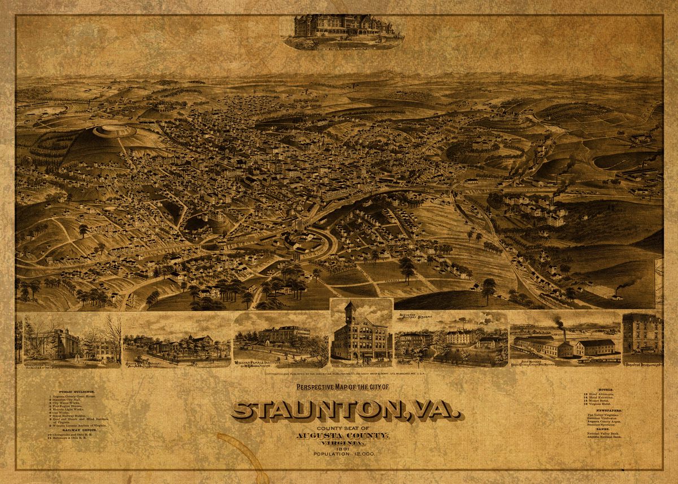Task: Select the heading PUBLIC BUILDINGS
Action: (x=77, y=391)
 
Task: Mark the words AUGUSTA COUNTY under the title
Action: (x=343, y=436)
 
